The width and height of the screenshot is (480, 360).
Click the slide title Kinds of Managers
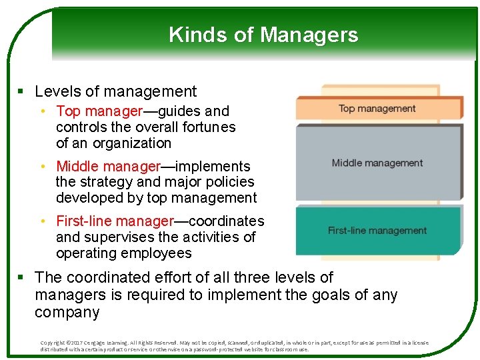[263, 35]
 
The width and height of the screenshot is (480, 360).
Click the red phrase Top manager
[99, 111]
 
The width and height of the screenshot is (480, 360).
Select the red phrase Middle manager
[108, 166]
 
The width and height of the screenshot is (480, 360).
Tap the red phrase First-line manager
[115, 221]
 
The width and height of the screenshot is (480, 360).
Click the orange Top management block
[377, 109]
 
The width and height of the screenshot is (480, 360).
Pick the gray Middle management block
[377, 163]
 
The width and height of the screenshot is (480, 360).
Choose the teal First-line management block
[377, 231]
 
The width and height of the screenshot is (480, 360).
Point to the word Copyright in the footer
[53, 343]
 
